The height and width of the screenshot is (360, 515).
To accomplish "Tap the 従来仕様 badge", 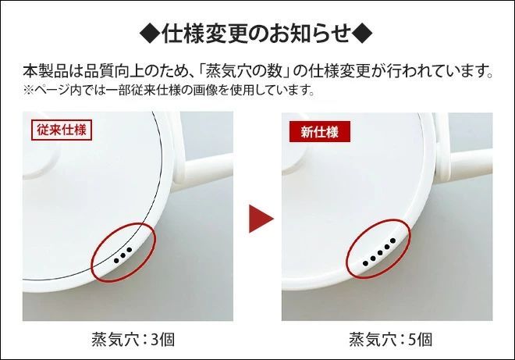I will [62, 129].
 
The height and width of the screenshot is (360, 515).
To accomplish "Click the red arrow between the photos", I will [260, 219].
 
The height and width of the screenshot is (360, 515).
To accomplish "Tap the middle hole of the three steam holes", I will [123, 255].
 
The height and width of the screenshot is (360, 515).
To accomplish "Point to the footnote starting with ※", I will [168, 91].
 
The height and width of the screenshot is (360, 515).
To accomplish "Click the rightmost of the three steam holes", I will [130, 250].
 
